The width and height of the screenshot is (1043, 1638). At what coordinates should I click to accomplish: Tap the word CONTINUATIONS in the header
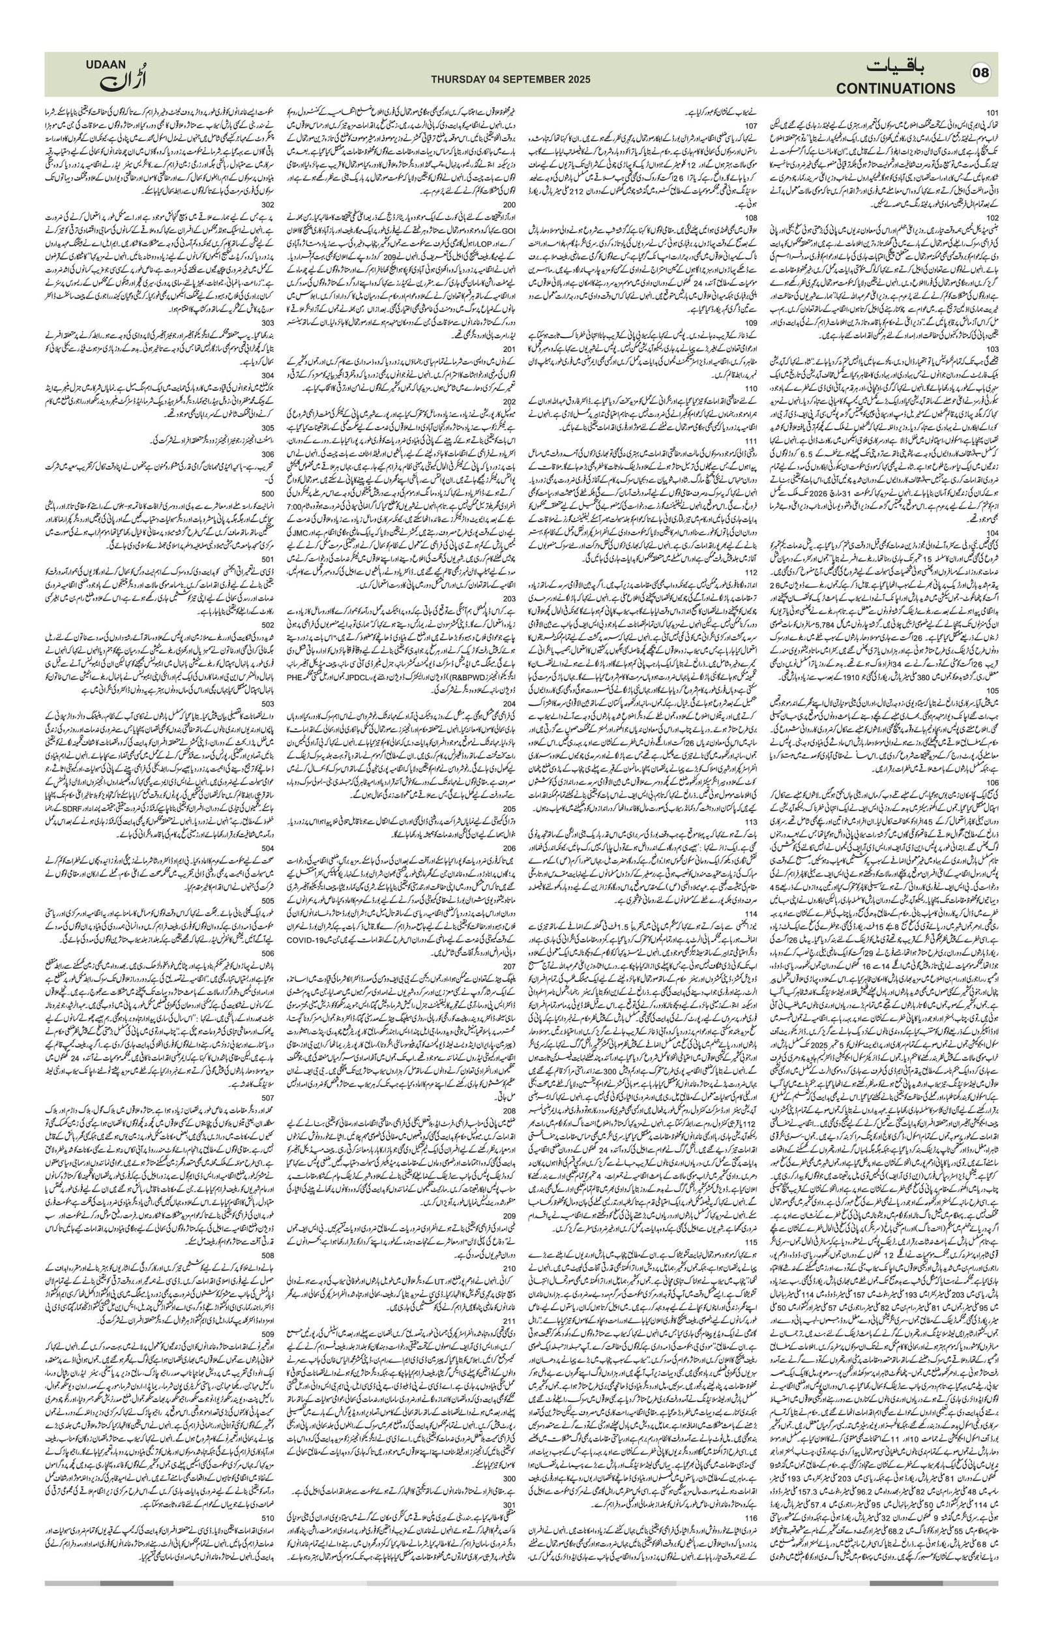coord(896,89)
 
